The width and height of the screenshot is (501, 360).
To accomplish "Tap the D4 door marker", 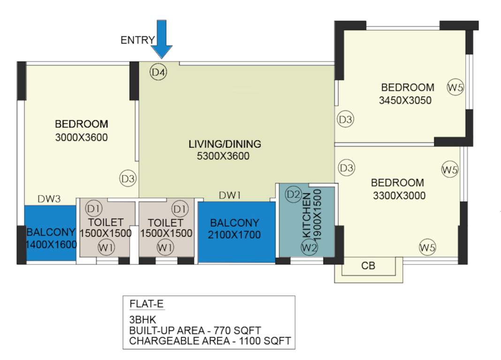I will (x=159, y=72).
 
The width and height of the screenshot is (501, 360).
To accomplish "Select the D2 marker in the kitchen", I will (x=293, y=194).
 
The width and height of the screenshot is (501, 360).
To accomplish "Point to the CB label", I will (x=368, y=266).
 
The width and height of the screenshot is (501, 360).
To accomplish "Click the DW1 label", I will (x=230, y=195).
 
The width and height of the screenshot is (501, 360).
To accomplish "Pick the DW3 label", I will (x=50, y=199).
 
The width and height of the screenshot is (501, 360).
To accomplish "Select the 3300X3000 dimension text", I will (x=399, y=195).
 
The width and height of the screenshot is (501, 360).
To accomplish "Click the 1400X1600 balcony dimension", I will (x=51, y=244).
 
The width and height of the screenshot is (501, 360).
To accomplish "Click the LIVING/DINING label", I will (x=225, y=144).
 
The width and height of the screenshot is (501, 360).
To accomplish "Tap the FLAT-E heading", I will (x=146, y=305).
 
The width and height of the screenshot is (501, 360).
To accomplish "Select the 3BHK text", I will (x=140, y=320).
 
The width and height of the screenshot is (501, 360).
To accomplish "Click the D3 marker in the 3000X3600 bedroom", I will (x=128, y=179).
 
